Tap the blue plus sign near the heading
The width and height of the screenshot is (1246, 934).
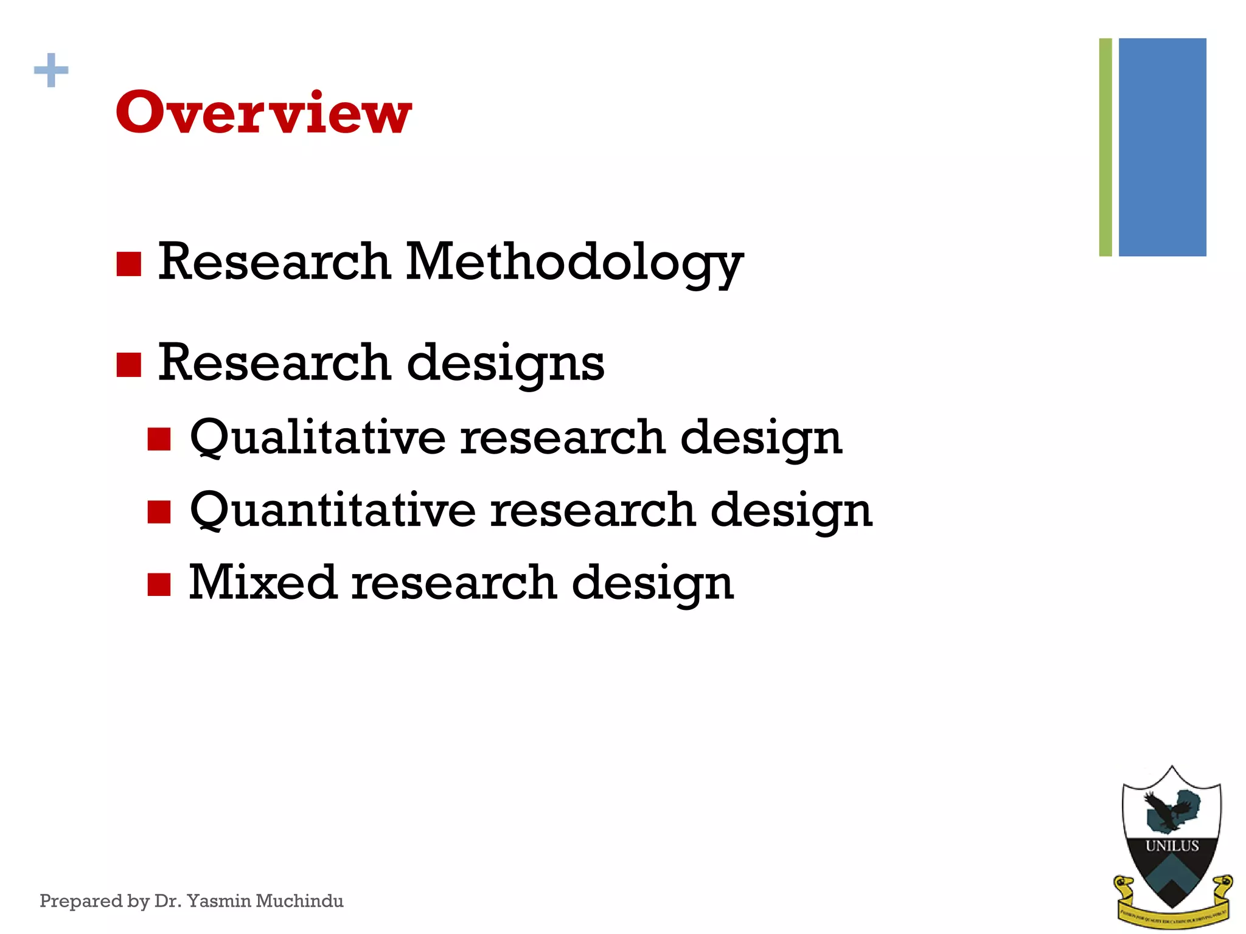[51, 71]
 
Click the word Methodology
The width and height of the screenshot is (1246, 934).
[574, 263]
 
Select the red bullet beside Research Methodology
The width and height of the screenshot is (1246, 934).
[128, 264]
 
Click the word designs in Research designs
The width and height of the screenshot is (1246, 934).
[505, 364]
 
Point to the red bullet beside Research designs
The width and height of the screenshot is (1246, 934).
[128, 365]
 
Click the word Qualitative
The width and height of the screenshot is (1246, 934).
[318, 438]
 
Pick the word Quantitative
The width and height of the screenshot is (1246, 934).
[333, 510]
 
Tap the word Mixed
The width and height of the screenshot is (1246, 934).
[262, 583]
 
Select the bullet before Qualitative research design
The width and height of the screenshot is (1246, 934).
[159, 439]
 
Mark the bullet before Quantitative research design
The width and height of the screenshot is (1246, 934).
[159, 511]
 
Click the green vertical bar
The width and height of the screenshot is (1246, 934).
[1105, 147]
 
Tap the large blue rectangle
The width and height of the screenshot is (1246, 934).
[1162, 147]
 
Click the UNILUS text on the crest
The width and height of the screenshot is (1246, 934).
[1172, 846]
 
